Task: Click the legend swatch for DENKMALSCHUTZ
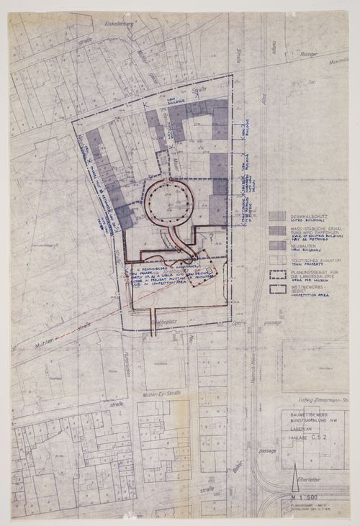click(276, 215)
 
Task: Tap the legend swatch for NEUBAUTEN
click(276, 245)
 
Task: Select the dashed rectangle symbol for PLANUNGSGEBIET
click(276, 274)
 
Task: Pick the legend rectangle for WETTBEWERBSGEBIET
click(276, 289)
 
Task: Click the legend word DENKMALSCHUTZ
click(305, 213)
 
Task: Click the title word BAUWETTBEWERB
click(302, 417)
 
